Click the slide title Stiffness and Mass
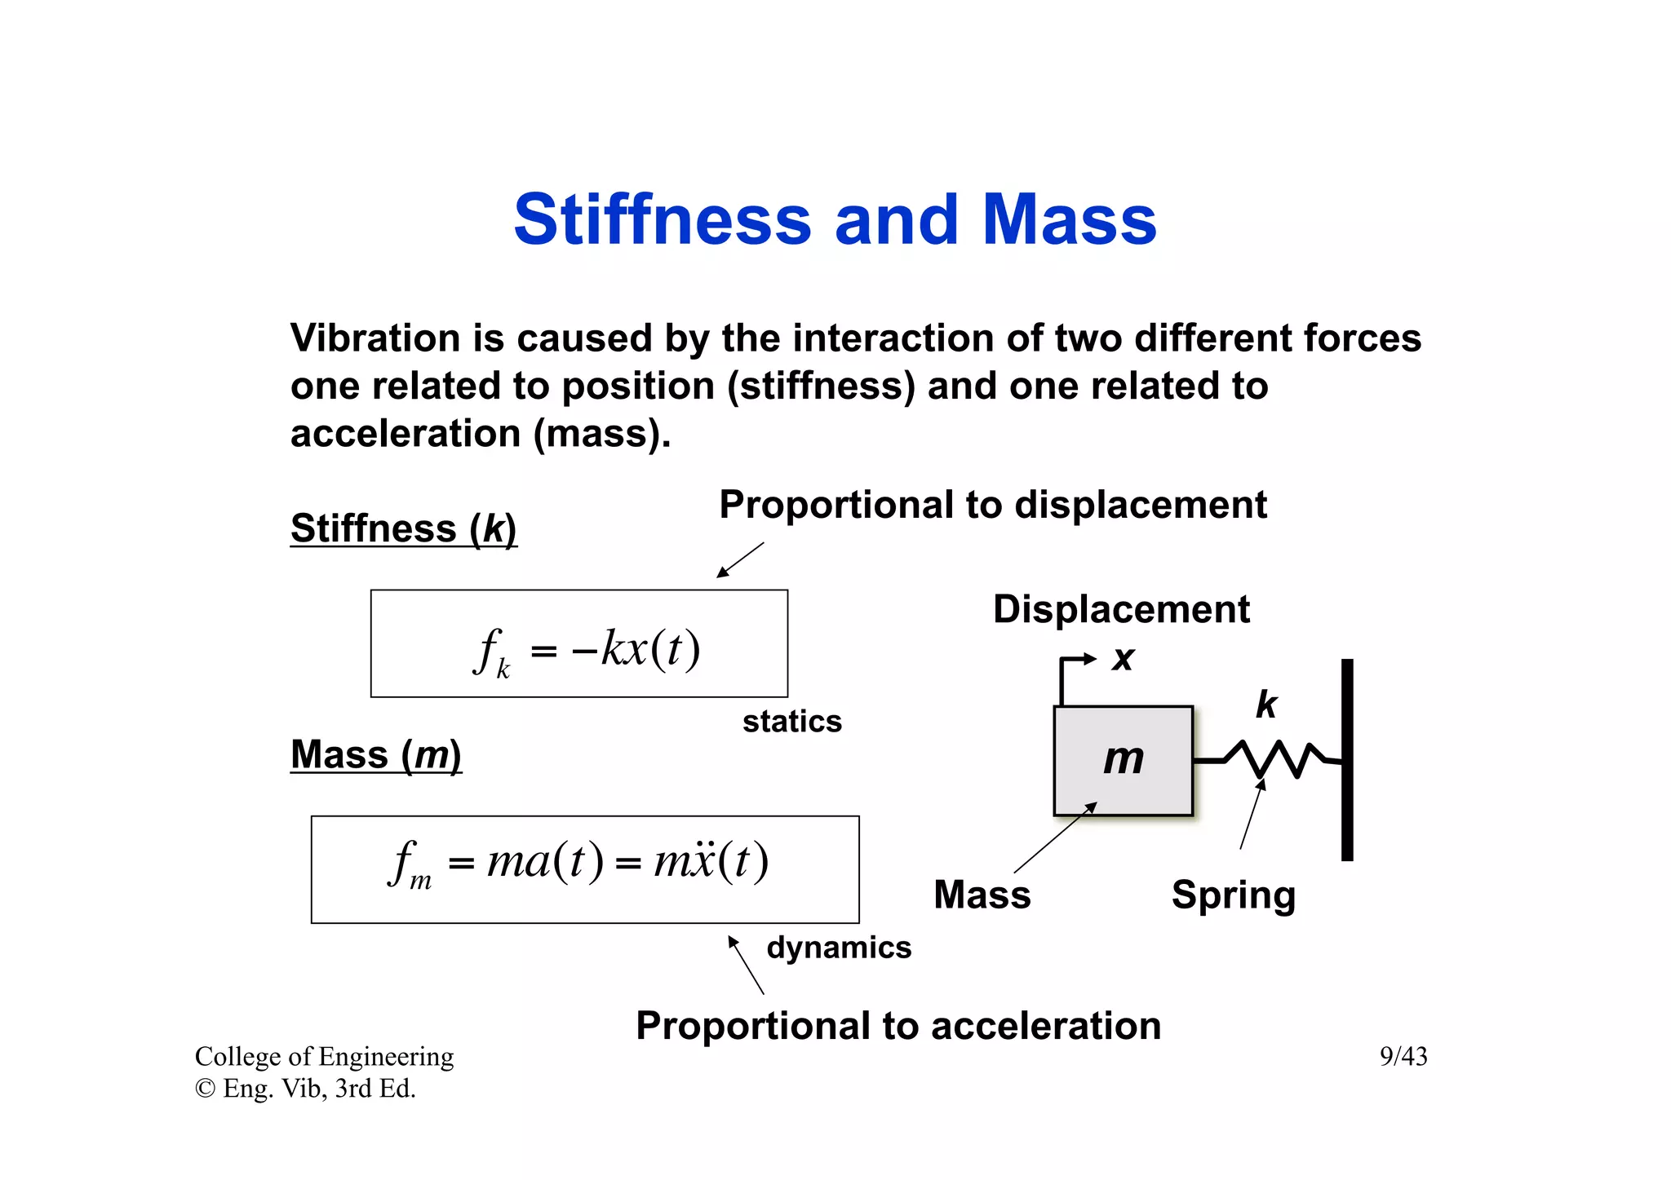pyautogui.click(x=835, y=220)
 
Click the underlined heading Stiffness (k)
pyautogui.click(x=403, y=528)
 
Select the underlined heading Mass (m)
pyautogui.click(x=376, y=754)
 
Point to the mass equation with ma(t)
pyautogui.click(x=579, y=863)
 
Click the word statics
pyautogui.click(x=791, y=722)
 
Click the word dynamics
pyautogui.click(x=839, y=948)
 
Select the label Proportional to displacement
pyautogui.click(x=992, y=505)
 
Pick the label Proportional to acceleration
pyautogui.click(x=898, y=1026)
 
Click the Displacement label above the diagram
pyautogui.click(x=1121, y=609)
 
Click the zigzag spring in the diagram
pyautogui.click(x=1273, y=759)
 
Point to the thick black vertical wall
pyautogui.click(x=1347, y=758)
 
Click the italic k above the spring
pyautogui.click(x=1265, y=705)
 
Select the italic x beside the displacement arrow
pyautogui.click(x=1124, y=658)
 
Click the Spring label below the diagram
pyautogui.click(x=1233, y=895)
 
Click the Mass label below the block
pyautogui.click(x=982, y=895)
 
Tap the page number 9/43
pyautogui.click(x=1403, y=1057)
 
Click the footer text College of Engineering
pyautogui.click(x=324, y=1057)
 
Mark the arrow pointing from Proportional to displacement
pyautogui.click(x=740, y=560)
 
